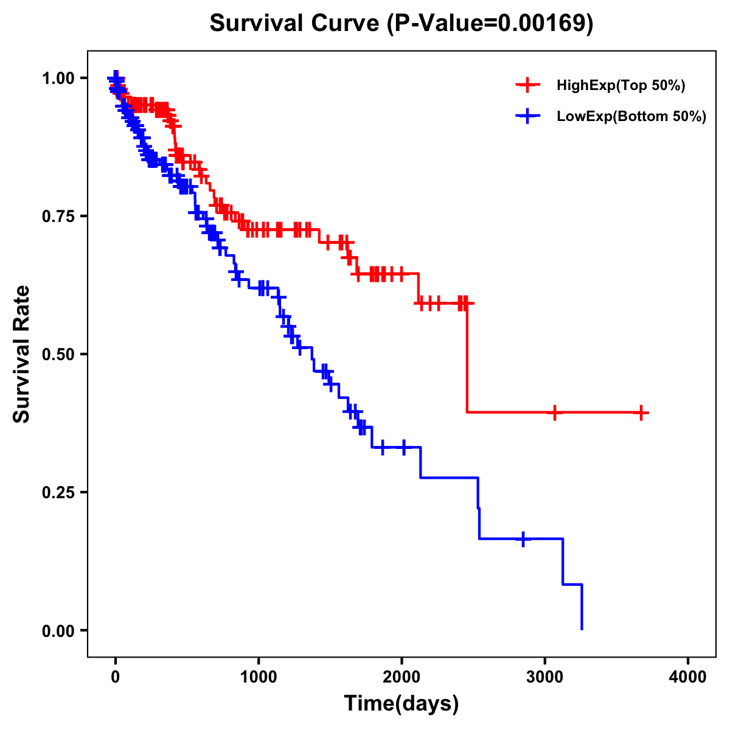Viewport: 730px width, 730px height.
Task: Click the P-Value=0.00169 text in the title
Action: pyautogui.click(x=491, y=24)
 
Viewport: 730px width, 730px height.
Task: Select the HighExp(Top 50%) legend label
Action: pyautogui.click(x=620, y=86)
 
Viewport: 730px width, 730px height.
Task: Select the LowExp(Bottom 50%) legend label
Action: pyautogui.click(x=631, y=117)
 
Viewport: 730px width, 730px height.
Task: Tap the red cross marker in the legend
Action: pyautogui.click(x=527, y=85)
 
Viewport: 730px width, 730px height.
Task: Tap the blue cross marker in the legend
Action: pyautogui.click(x=527, y=116)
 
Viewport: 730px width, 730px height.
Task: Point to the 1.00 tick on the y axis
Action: pyautogui.click(x=58, y=78)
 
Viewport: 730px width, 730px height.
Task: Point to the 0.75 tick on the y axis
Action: pyautogui.click(x=58, y=217)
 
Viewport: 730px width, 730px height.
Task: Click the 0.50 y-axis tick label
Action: pyautogui.click(x=58, y=355)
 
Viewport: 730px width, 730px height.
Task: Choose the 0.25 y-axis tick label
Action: pyautogui.click(x=58, y=493)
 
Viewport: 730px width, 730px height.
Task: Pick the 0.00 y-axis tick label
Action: pyautogui.click(x=58, y=631)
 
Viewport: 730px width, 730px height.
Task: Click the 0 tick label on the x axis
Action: pyautogui.click(x=116, y=678)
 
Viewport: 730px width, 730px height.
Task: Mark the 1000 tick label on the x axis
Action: pyautogui.click(x=259, y=678)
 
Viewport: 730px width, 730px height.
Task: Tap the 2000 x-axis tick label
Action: pyautogui.click(x=401, y=678)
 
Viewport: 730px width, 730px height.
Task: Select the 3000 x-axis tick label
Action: pyautogui.click(x=545, y=678)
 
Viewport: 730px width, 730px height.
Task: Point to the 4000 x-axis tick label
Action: pyautogui.click(x=688, y=678)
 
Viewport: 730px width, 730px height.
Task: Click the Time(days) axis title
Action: pyautogui.click(x=401, y=704)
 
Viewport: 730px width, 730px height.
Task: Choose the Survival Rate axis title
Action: pyautogui.click(x=22, y=354)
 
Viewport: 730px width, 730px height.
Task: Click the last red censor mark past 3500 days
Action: pyautogui.click(x=641, y=412)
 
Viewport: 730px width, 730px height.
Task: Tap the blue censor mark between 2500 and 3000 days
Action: pyautogui.click(x=523, y=539)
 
